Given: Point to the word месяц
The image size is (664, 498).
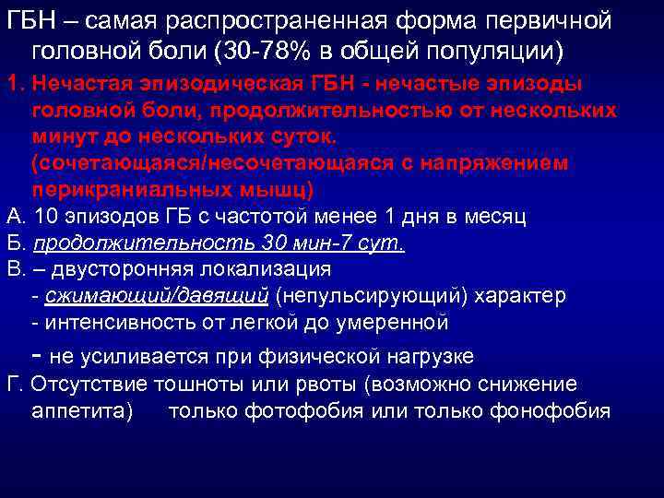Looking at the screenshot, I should [495, 217].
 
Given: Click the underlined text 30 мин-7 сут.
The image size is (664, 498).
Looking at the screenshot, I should [342, 243].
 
